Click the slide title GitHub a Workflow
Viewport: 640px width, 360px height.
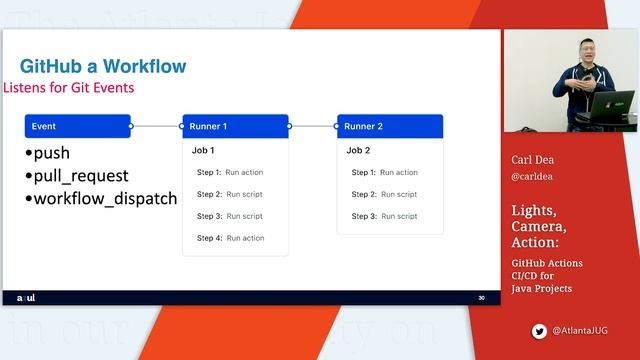(103, 67)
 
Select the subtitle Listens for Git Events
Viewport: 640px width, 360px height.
(69, 88)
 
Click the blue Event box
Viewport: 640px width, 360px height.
(78, 126)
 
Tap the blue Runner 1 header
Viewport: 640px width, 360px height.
(235, 126)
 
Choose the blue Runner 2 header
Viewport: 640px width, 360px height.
(390, 126)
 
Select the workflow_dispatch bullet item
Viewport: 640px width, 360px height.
(101, 198)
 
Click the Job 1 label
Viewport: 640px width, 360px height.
(203, 150)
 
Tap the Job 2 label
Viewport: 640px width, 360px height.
(358, 150)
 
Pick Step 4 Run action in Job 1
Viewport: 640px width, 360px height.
(230, 238)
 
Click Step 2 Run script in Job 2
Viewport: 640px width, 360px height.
(384, 194)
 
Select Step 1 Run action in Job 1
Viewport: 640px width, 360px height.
(230, 172)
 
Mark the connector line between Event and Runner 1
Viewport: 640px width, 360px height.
(156, 126)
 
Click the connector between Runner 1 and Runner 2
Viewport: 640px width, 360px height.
(313, 126)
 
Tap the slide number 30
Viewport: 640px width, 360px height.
(481, 298)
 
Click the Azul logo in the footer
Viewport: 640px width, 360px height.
(27, 298)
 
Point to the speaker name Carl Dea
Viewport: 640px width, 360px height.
(532, 159)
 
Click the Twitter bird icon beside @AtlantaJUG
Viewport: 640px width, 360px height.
(540, 330)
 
